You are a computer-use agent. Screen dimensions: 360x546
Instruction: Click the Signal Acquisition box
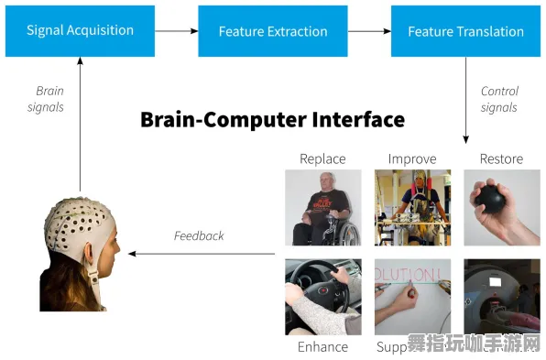tap(80, 30)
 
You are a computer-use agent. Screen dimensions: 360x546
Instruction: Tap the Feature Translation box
tap(466, 30)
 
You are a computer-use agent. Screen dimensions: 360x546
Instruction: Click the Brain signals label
tap(49, 99)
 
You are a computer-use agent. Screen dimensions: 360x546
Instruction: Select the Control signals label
tap(499, 99)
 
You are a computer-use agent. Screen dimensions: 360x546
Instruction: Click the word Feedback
tap(199, 235)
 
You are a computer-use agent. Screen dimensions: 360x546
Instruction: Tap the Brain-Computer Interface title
tap(272, 119)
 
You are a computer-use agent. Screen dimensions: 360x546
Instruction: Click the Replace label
tap(322, 159)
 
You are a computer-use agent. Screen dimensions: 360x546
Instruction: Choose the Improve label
tap(412, 159)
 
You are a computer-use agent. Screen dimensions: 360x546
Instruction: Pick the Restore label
tap(501, 159)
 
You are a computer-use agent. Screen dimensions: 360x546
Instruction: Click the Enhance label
tap(322, 347)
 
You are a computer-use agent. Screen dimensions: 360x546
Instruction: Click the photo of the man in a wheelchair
tap(322, 208)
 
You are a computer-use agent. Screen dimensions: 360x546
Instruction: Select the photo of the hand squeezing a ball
tap(501, 208)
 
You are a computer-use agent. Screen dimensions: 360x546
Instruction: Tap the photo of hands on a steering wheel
tap(322, 296)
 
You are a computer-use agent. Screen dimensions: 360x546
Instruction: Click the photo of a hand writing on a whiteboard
tap(412, 296)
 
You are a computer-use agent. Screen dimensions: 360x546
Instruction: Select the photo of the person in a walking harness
tap(412, 208)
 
